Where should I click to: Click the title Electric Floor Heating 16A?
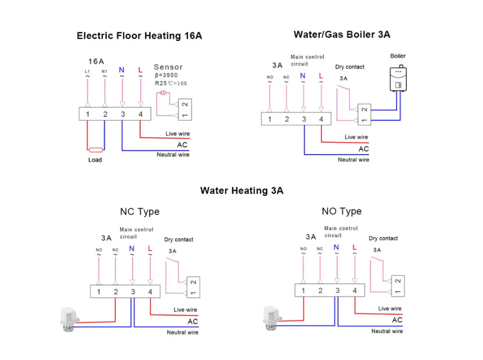[x=140, y=36]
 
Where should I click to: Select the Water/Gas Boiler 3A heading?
[x=341, y=34]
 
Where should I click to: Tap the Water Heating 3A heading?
[x=241, y=190]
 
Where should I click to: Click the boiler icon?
[x=398, y=79]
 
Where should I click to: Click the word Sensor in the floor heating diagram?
[x=168, y=67]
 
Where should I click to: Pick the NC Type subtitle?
[x=140, y=212]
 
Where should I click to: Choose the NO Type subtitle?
[x=341, y=211]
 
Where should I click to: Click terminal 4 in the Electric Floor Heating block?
[x=140, y=115]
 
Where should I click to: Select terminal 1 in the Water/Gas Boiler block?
[x=270, y=119]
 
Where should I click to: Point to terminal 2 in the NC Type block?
[x=116, y=292]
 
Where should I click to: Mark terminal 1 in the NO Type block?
[x=303, y=290]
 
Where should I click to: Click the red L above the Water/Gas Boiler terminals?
[x=321, y=75]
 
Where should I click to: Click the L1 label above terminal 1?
[x=87, y=72]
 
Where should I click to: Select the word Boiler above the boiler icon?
[x=398, y=57]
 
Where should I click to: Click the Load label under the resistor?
[x=95, y=160]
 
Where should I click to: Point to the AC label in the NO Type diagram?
[x=397, y=320]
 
